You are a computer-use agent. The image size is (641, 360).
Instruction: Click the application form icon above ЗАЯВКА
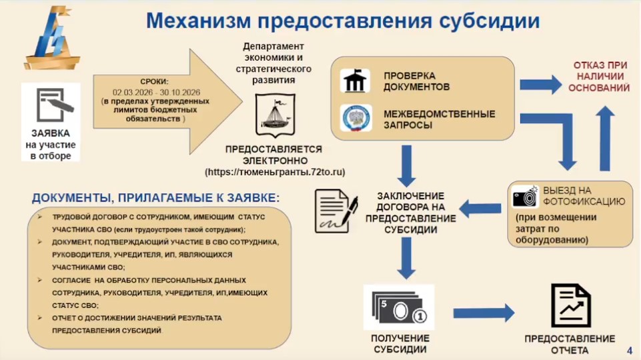pos(50,105)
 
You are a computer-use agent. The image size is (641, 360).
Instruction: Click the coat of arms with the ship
pos(275,114)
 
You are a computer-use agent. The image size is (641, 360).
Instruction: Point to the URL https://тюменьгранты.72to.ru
pos(275,172)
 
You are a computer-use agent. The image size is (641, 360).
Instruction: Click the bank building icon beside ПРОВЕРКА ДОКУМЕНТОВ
pos(355,81)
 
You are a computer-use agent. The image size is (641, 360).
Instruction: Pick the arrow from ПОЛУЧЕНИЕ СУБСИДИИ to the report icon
pos(483,313)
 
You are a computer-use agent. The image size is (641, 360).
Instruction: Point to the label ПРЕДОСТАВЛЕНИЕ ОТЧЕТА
pos(570,344)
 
